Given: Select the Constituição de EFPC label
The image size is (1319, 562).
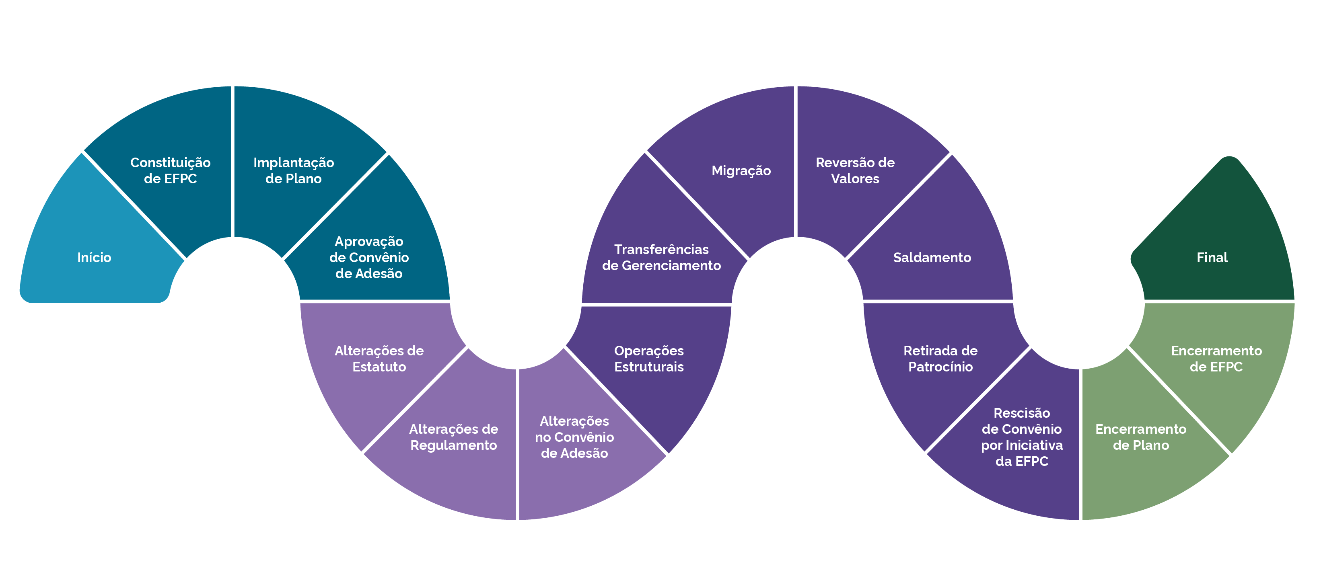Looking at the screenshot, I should pyautogui.click(x=170, y=170).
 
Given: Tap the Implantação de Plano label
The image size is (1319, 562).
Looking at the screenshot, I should pyautogui.click(x=293, y=170).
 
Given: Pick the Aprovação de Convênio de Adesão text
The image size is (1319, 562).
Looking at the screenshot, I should pyautogui.click(x=368, y=257).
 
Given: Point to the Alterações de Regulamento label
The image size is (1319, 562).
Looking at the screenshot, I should pyautogui.click(x=453, y=437).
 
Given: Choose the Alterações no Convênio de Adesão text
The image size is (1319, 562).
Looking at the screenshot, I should pyautogui.click(x=574, y=437).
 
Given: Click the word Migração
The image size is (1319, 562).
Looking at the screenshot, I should pyautogui.click(x=741, y=170).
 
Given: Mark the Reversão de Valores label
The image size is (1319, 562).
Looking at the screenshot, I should pyautogui.click(x=855, y=170).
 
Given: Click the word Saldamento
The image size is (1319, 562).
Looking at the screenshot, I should pyautogui.click(x=932, y=257).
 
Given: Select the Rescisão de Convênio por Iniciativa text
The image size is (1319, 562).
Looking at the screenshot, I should pyautogui.click(x=1021, y=437).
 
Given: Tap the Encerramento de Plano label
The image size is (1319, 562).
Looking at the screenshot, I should pyautogui.click(x=1140, y=437).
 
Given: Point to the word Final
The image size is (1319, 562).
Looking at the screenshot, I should pyautogui.click(x=1212, y=257).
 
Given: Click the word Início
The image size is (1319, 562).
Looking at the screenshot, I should pyautogui.click(x=94, y=257).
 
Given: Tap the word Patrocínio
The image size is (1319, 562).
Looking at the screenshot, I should pyautogui.click(x=940, y=367).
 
